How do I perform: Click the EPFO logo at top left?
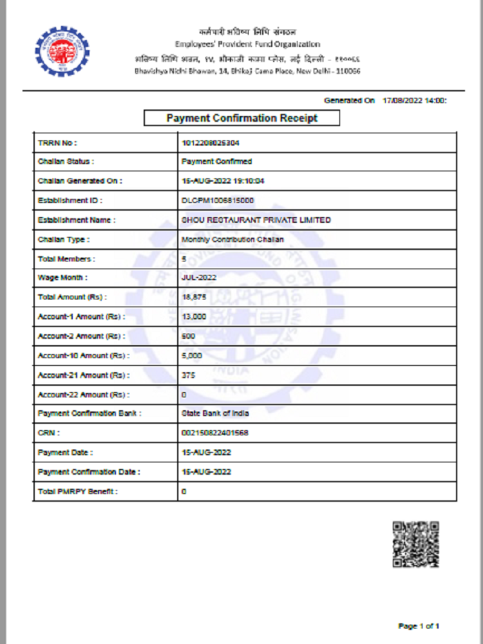[62, 51]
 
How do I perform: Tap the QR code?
[415, 544]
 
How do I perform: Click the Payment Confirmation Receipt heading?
[241, 118]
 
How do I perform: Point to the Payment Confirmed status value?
[217, 162]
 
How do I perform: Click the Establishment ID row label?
[70, 200]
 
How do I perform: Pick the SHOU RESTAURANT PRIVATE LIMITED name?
[256, 220]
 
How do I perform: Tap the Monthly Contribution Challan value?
[232, 240]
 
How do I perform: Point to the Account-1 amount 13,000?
[194, 317]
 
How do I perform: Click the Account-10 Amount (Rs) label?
[83, 355]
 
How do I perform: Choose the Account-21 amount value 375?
[189, 375]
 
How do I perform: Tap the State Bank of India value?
[215, 413]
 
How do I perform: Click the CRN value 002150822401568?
[215, 433]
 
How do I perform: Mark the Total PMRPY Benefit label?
[78, 491]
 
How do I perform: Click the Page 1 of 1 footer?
[419, 625]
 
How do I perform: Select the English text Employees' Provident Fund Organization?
[247, 44]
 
